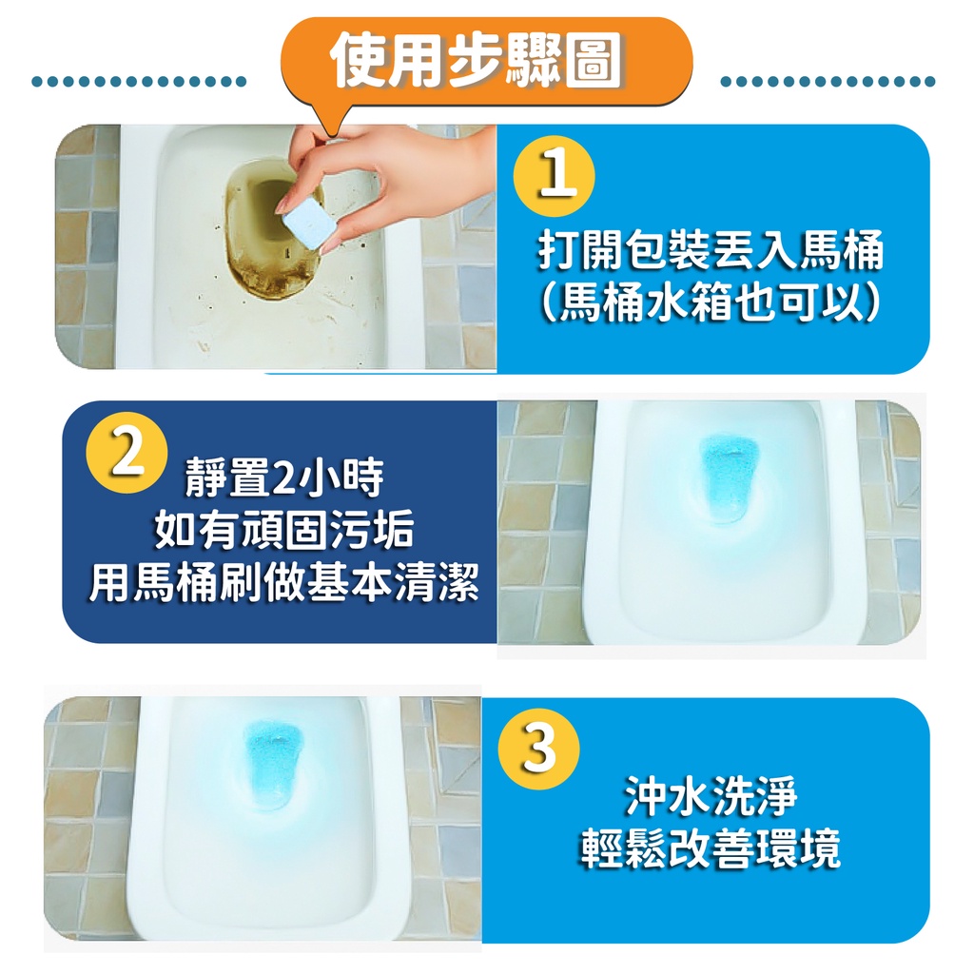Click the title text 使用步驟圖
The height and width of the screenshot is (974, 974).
coord(477,61)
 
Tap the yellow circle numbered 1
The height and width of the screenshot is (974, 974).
coord(554,176)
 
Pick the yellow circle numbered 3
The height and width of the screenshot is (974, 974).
coord(538,749)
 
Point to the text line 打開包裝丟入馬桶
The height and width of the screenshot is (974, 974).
coord(710,251)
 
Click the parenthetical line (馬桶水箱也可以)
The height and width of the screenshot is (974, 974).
coord(710,303)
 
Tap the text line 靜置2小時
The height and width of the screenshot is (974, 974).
coord(283,479)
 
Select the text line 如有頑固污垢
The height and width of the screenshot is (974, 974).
coord(283,530)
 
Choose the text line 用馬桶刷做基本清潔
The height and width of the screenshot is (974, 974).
coord(283,583)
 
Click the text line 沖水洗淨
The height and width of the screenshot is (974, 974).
coord(710,796)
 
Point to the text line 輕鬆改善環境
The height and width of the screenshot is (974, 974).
coord(710,847)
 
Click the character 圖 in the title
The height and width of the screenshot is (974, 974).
coord(595,61)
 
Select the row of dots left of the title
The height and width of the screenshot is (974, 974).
coord(139,82)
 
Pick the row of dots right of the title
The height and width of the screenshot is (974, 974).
coord(828,82)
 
